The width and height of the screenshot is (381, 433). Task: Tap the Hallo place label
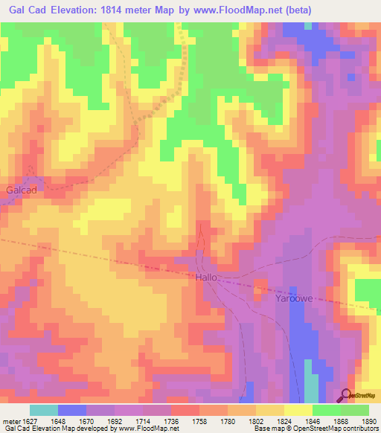206,277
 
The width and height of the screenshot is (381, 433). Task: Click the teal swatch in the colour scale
44,410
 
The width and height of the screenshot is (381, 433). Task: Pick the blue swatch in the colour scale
72,410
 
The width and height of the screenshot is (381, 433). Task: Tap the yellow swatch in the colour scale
298,410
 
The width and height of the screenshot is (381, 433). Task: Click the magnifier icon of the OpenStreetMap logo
345,395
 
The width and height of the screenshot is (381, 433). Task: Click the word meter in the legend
11,421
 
